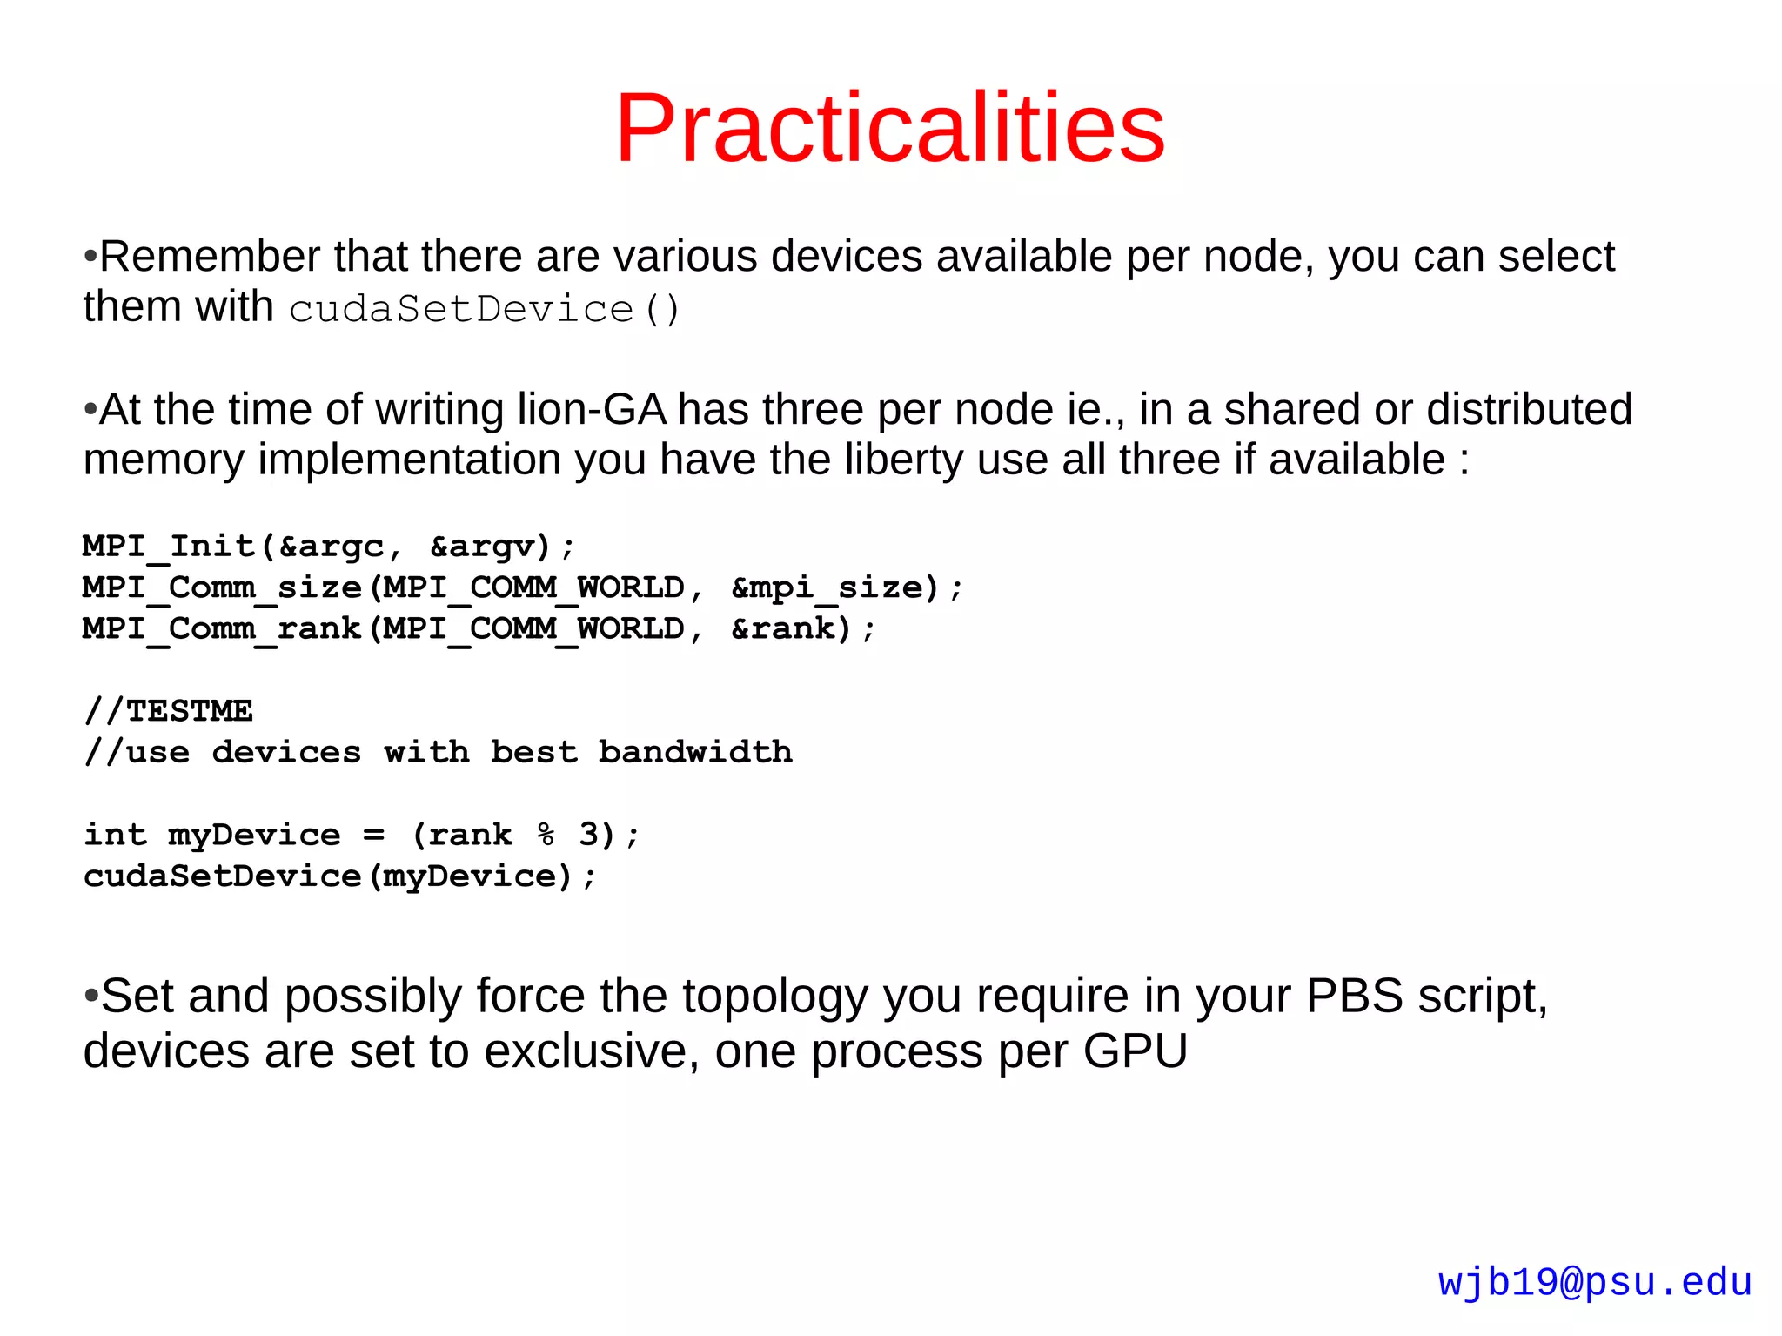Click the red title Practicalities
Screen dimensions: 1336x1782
[889, 128]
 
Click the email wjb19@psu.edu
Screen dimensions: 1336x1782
[1594, 1282]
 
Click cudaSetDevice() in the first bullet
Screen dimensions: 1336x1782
[484, 310]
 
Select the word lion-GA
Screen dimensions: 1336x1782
[592, 409]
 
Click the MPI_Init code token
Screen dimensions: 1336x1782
[169, 547]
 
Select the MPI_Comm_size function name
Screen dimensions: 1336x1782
[222, 587]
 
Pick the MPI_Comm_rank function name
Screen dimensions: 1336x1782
[222, 628]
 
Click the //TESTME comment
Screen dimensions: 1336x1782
[169, 711]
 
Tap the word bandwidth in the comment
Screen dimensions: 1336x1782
[695, 752]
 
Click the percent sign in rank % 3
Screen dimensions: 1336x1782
[546, 835]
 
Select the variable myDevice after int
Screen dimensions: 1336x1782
[254, 835]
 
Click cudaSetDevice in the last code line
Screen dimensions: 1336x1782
[222, 876]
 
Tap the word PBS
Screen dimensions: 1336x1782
[1354, 997]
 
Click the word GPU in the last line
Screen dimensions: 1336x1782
[1135, 1051]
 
